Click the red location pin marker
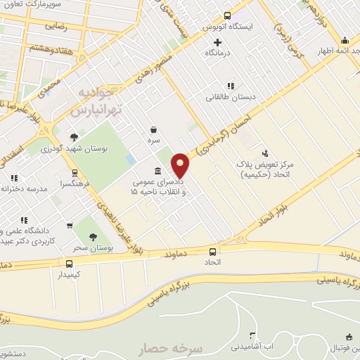point(181,166)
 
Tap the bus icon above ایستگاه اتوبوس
point(227,16)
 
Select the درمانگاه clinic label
point(218,53)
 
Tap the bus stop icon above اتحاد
point(212,252)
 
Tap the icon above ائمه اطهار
point(345,40)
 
